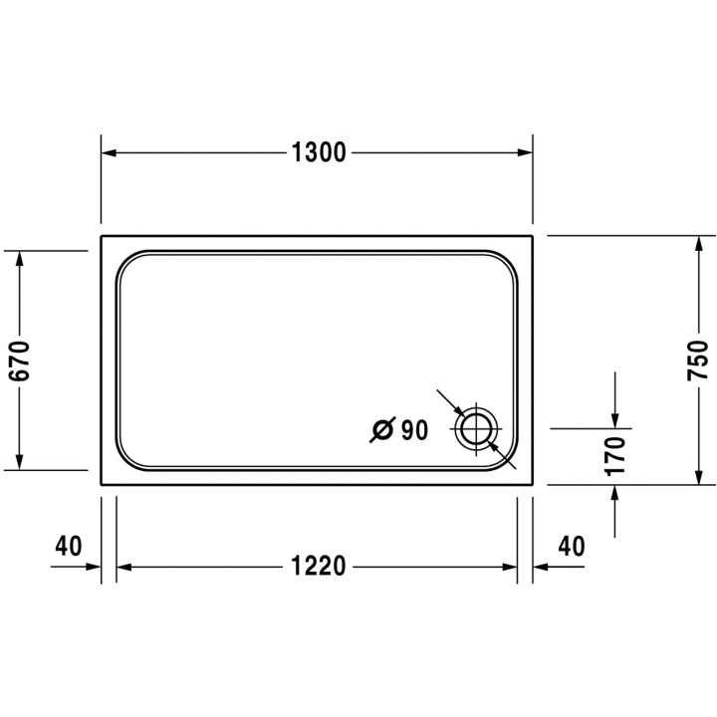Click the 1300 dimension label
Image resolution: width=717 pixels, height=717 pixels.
coord(318,153)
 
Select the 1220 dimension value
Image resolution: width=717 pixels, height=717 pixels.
coord(318,568)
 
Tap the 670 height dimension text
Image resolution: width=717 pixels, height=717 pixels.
coord(23,360)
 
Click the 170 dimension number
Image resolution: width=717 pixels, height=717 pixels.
coord(615,455)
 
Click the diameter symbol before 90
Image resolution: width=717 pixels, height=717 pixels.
coord(381,430)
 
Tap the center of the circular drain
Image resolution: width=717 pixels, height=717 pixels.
coord(475,429)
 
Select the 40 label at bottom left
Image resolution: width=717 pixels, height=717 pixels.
coord(68,546)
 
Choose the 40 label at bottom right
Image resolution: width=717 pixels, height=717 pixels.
coord(571,546)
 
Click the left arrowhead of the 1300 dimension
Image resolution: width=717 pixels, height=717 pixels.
coord(110,153)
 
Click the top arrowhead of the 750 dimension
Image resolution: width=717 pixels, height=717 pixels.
coord(697,244)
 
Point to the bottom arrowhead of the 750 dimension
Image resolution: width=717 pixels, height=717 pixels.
coord(697,477)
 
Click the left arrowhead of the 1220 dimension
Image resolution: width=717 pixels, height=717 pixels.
coord(125,568)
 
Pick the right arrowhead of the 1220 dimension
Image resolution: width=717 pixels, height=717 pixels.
coord(509,568)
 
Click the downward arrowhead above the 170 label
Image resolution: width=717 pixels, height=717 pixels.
coord(615,419)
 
